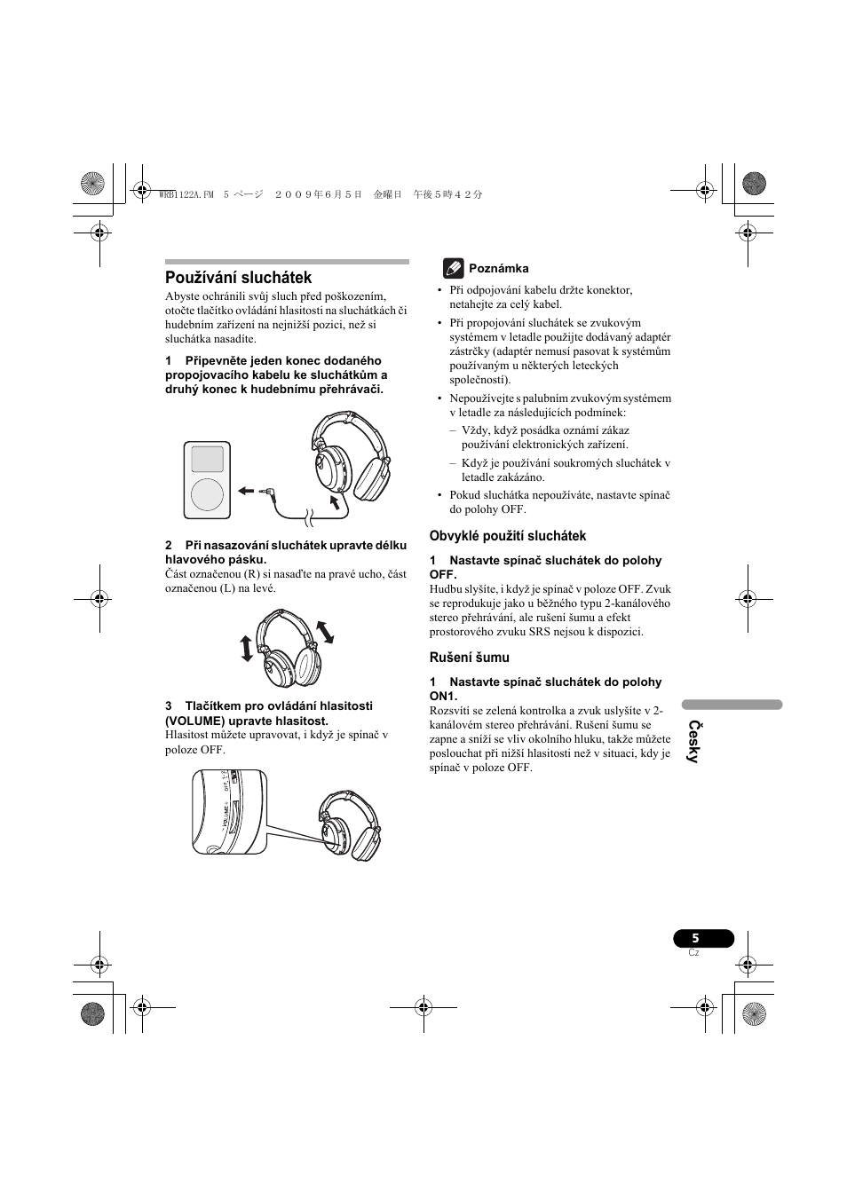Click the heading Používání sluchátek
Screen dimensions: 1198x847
(238, 278)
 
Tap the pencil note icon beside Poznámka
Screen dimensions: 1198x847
(453, 268)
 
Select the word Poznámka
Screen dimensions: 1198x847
(498, 269)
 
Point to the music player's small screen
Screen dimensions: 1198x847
(208, 459)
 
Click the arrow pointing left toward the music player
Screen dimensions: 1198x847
(246, 489)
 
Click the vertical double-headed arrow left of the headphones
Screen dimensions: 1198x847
(247, 649)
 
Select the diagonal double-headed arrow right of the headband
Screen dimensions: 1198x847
(325, 631)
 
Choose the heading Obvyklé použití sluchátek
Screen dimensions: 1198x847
(508, 536)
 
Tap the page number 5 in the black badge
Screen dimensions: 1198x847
(696, 939)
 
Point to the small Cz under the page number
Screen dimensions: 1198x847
(694, 953)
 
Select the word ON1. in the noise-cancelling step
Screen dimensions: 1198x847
(443, 697)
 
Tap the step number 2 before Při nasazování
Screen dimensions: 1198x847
(169, 545)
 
